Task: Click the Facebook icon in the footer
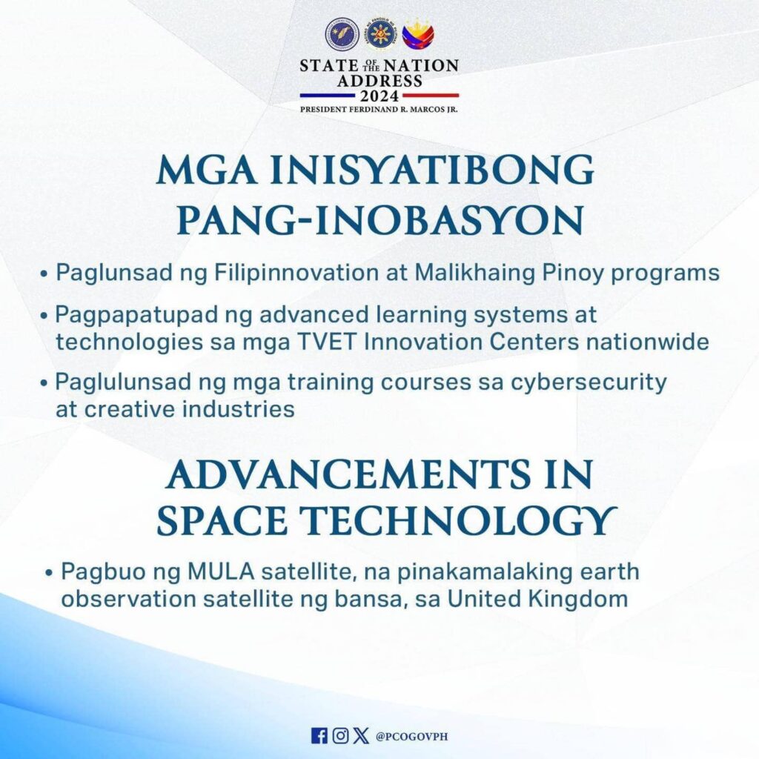[x=319, y=736]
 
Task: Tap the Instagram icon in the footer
[x=340, y=736]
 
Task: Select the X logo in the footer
[x=361, y=736]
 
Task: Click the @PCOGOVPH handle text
[x=412, y=736]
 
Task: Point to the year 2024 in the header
[x=379, y=96]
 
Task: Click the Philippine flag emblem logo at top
[x=418, y=34]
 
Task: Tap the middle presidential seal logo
[x=380, y=35]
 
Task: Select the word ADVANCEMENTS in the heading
[x=348, y=474]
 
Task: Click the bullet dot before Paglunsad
[x=44, y=274]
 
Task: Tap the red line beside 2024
[x=431, y=96]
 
